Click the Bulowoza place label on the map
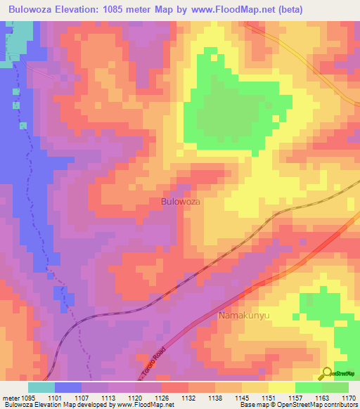pos(181,201)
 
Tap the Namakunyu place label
pos(245,316)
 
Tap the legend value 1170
pos(349,398)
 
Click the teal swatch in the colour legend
pos(41,387)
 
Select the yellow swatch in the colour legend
pos(281,387)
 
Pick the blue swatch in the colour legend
pos(67,387)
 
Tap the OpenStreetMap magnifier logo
pos(326,372)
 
